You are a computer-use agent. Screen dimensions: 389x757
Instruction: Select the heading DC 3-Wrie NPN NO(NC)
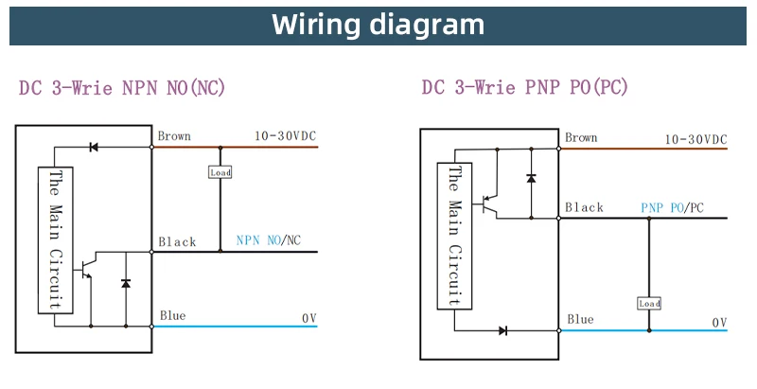point(122,88)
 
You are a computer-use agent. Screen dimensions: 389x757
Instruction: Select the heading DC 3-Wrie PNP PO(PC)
point(525,88)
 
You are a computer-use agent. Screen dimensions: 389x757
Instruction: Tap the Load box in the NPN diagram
point(220,173)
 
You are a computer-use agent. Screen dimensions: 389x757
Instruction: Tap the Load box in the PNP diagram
point(649,304)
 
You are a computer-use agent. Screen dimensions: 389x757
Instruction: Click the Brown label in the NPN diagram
point(174,136)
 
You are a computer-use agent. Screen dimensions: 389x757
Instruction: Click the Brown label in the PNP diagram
point(581,138)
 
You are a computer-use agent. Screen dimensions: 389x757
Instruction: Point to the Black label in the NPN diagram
point(177,242)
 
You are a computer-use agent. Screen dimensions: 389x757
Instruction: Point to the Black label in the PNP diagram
point(584,208)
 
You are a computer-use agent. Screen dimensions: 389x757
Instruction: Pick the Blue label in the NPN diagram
point(172,316)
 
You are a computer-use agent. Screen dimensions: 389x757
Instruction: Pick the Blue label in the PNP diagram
point(579,320)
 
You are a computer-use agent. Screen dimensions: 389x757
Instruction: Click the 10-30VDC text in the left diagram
point(286,136)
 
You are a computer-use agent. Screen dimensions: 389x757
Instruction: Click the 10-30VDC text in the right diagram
point(695,139)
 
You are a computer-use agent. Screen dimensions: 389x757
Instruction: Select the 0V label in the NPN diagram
point(309,318)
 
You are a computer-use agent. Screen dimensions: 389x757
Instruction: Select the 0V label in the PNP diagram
point(719,323)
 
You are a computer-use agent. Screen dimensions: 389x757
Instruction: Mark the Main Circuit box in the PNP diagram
point(454,236)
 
